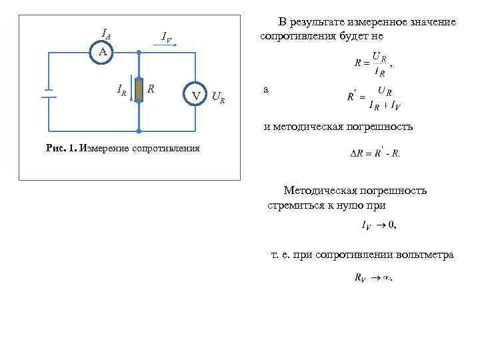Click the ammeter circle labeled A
point(99,51)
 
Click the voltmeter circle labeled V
point(196,95)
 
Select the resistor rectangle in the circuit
point(139,89)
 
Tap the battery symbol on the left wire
point(49,92)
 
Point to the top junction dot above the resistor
point(139,52)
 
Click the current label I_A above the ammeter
point(105,33)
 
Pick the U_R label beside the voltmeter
point(218,99)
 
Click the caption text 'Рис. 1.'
point(61,148)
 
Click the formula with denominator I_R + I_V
point(373,97)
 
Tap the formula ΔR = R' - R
point(375,153)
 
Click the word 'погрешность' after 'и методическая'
point(375,126)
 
